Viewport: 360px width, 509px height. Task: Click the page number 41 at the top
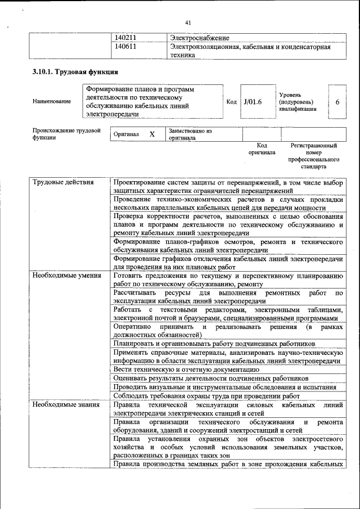point(188,22)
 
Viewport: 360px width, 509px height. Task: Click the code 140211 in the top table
point(126,38)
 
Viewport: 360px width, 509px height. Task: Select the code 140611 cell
point(126,47)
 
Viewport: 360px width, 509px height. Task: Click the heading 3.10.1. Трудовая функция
point(75,73)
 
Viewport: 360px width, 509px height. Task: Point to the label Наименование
point(52,101)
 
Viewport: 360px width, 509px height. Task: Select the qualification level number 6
point(337,101)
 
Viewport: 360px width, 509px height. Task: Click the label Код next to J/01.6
point(231,101)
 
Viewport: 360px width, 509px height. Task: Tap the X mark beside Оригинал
point(152,134)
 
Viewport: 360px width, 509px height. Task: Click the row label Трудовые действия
point(63,183)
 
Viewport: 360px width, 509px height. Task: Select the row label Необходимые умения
point(66,276)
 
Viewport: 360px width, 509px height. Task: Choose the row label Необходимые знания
point(65,405)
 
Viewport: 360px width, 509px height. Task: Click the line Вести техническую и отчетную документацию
point(186,370)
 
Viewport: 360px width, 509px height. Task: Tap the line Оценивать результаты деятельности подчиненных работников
point(211,378)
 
